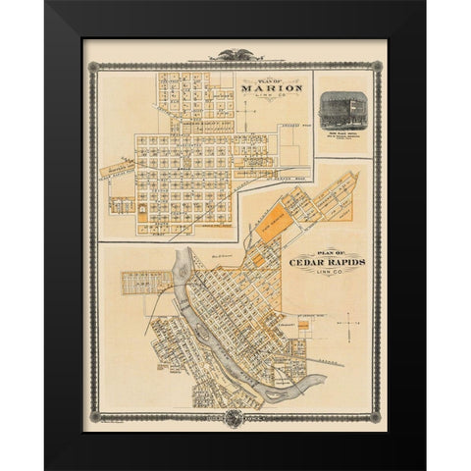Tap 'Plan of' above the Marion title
coord(260,80)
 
